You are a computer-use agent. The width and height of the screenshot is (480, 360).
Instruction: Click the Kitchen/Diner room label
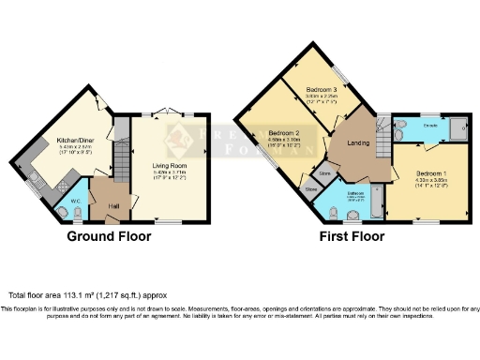pos(74,139)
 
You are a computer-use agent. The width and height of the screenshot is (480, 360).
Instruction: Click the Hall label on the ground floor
pos(112,206)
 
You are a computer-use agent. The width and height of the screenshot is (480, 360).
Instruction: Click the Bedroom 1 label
pos(432,174)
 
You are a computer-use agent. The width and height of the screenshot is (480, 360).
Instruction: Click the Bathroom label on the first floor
pos(354,194)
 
